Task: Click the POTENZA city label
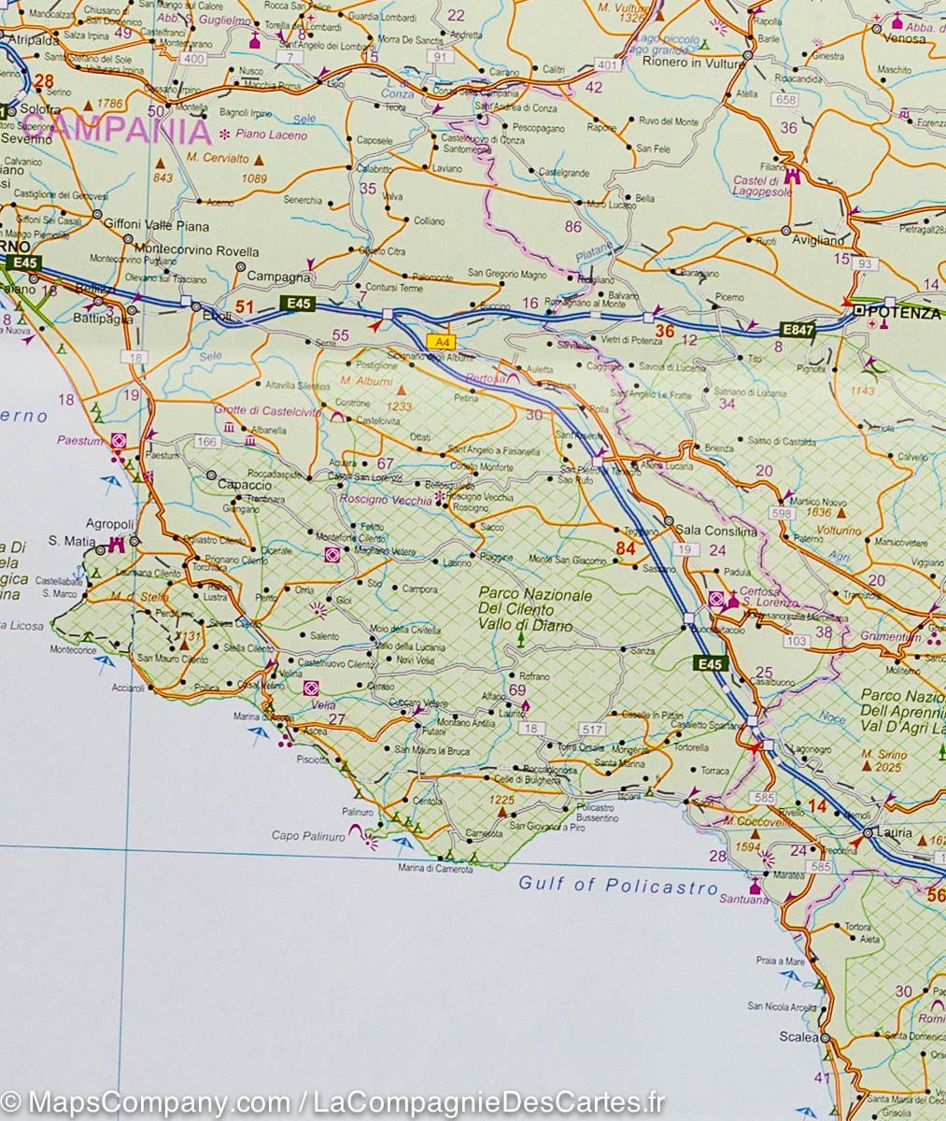coord(906,314)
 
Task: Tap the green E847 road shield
coord(799,329)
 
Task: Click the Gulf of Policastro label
coord(618,885)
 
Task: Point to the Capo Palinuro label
coord(308,836)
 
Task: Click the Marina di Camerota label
coord(435,870)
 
